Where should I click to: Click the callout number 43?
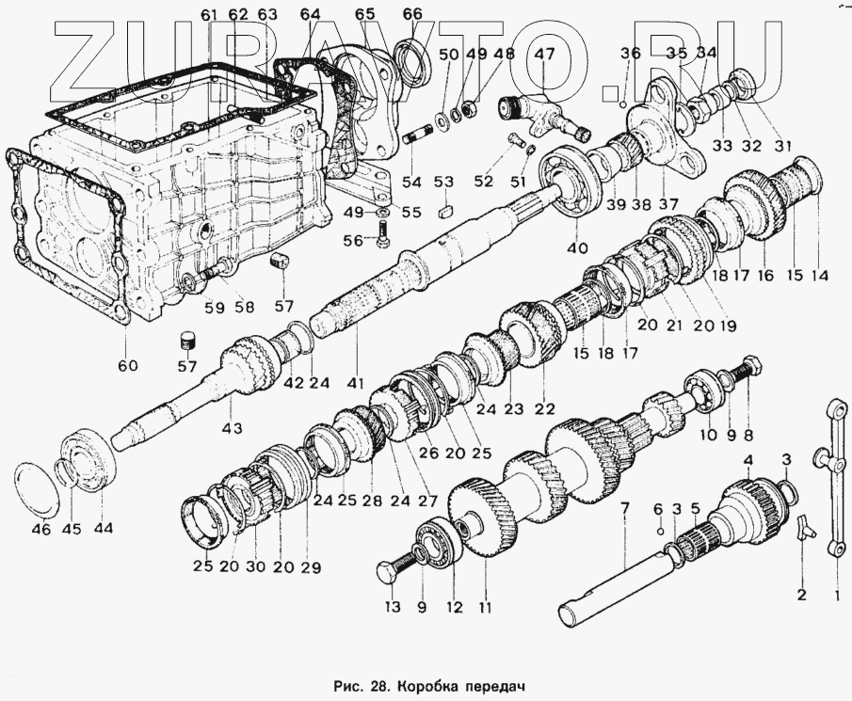point(232,429)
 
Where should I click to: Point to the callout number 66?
point(411,14)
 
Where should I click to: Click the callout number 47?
point(545,54)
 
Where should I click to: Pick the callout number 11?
point(484,608)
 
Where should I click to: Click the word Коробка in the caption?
point(431,684)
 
